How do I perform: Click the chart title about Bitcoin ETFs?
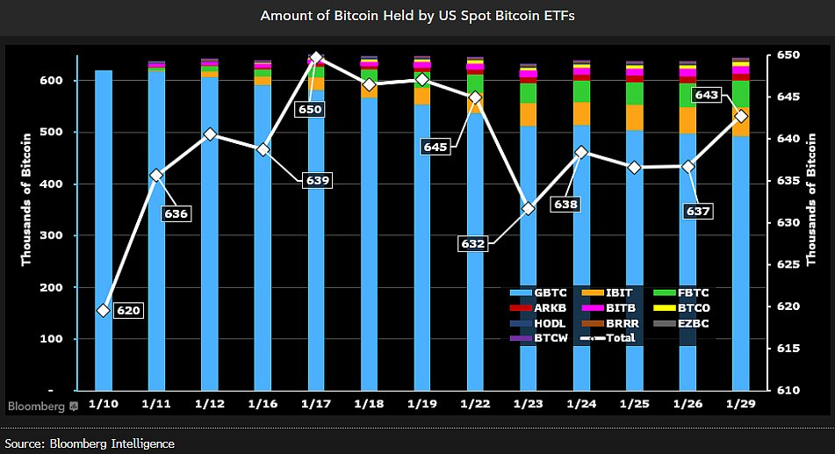[x=417, y=16]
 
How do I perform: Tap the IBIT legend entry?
[x=614, y=292]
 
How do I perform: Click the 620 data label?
[x=128, y=310]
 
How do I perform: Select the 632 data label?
[x=472, y=243]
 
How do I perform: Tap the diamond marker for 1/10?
[x=104, y=310]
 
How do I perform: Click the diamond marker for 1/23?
[x=529, y=208]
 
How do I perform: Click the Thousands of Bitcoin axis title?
[x=27, y=198]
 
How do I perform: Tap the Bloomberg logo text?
[x=37, y=407]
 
